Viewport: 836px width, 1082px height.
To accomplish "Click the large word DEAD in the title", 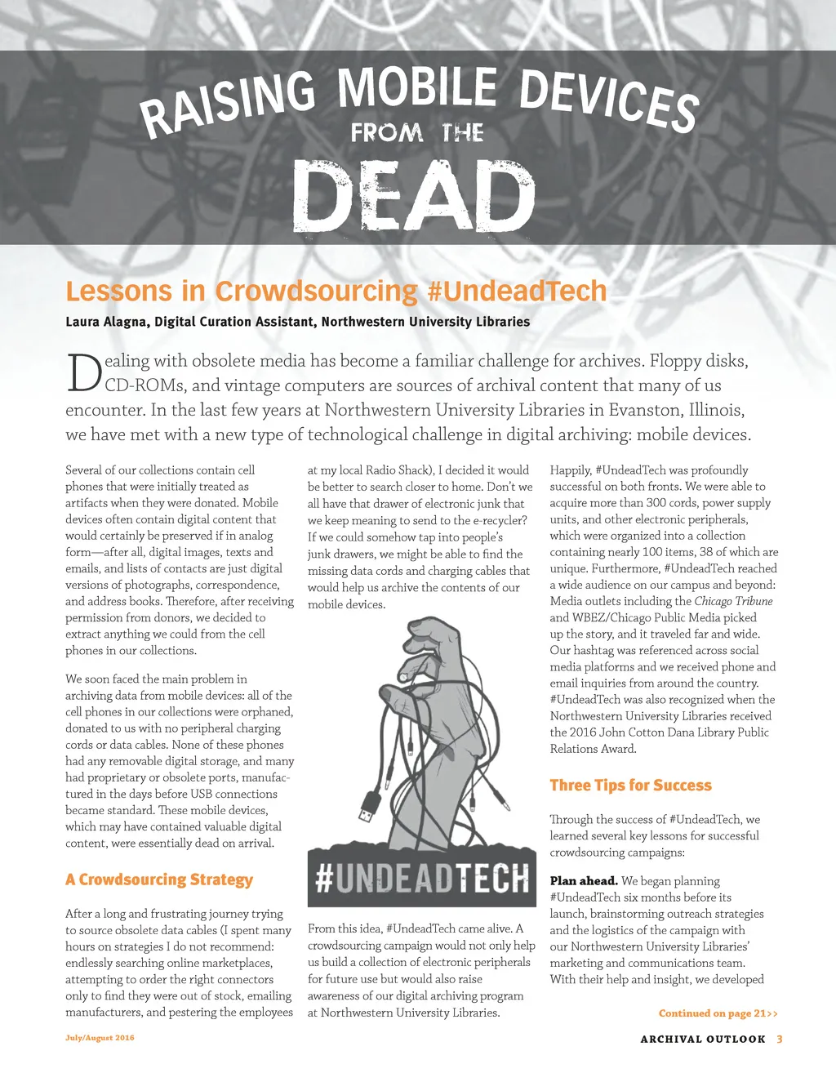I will (413, 196).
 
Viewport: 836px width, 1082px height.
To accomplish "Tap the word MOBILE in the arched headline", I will (417, 87).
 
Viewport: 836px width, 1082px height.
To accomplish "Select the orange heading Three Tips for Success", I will (630, 786).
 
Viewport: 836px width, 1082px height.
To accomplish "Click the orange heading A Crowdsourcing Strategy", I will (159, 879).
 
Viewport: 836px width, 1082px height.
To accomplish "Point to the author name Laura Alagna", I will (107, 322).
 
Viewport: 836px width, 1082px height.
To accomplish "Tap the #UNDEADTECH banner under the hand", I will (422, 878).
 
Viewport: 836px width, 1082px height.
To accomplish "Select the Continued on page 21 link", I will (718, 1013).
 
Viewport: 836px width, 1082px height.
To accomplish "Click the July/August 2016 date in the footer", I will (100, 1038).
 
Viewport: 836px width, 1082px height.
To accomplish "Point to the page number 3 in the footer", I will (780, 1040).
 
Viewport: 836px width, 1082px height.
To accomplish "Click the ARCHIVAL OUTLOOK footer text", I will (703, 1040).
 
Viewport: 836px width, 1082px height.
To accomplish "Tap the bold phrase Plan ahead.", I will (583, 881).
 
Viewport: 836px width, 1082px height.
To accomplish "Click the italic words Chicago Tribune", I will (733, 601).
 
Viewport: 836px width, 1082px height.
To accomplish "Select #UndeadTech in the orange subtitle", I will (517, 292).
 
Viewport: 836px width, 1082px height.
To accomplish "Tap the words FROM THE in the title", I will (417, 132).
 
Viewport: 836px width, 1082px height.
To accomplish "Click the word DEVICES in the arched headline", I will (609, 100).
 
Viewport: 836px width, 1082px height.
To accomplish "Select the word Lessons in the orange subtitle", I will (118, 292).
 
